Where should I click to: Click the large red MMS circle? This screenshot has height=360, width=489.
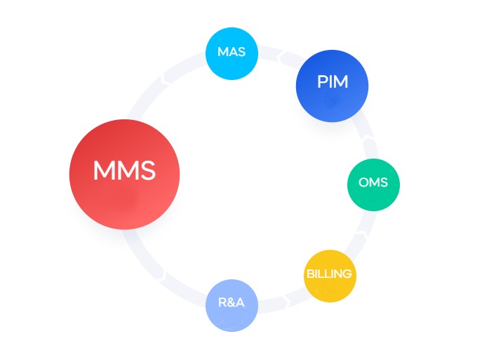(124, 174)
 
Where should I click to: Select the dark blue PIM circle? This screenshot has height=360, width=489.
(332, 86)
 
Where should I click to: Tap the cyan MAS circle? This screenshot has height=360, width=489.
(232, 53)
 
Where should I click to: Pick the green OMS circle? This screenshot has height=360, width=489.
(373, 184)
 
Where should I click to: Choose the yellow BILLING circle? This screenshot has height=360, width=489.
(330, 275)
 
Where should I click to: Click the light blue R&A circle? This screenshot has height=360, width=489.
(232, 305)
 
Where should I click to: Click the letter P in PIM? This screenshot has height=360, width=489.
(322, 82)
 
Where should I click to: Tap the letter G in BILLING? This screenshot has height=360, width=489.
(347, 274)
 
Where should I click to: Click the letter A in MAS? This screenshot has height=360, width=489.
(232, 53)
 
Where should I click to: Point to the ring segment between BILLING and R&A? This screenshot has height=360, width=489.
(283, 300)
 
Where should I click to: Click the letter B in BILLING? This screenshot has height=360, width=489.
(310, 274)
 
